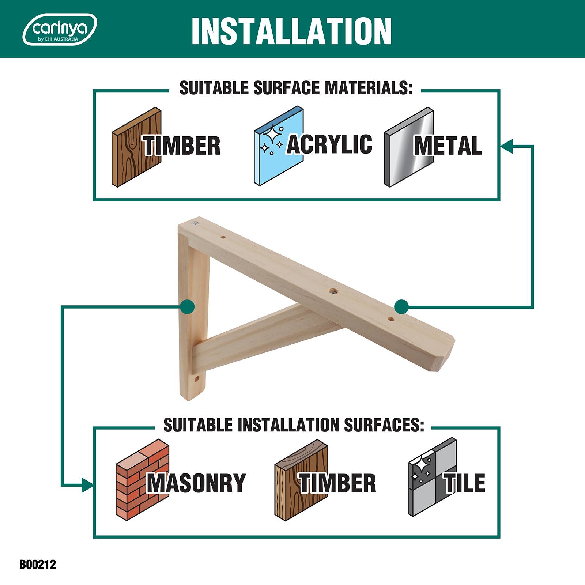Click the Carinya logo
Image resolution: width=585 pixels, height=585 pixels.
click(60, 29)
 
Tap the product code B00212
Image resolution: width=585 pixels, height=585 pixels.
click(38, 564)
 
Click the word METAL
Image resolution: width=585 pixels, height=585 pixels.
click(448, 146)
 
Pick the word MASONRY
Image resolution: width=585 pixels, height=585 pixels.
click(196, 483)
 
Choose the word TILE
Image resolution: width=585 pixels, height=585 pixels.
click(465, 483)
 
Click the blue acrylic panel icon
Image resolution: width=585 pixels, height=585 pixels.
click(279, 147)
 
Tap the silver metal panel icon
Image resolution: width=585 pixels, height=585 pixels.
click(409, 147)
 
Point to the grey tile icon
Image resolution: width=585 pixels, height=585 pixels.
click(433, 477)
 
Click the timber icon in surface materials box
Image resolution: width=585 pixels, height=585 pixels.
click(136, 147)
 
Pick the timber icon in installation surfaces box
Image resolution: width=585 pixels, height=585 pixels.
click(301, 480)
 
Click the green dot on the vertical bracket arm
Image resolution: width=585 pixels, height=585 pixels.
click(188, 306)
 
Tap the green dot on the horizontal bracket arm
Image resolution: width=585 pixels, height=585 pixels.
click(401, 306)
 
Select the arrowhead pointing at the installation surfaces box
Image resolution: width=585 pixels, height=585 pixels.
click(87, 485)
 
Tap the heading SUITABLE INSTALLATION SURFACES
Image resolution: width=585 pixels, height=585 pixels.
click(293, 425)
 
